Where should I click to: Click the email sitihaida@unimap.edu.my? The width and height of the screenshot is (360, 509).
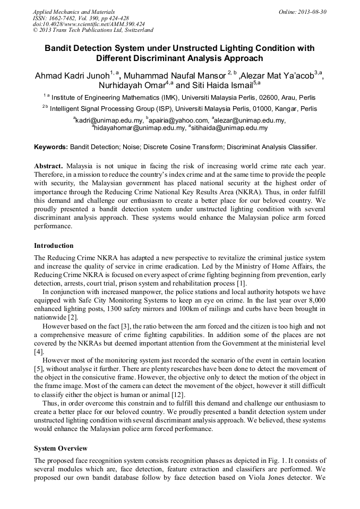(229, 128)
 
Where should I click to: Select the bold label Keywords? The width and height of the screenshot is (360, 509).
(51, 146)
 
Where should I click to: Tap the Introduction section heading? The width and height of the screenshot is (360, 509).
(54, 246)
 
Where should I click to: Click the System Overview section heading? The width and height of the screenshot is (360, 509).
(61, 448)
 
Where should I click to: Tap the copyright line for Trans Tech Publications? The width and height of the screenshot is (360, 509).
(93, 30)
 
